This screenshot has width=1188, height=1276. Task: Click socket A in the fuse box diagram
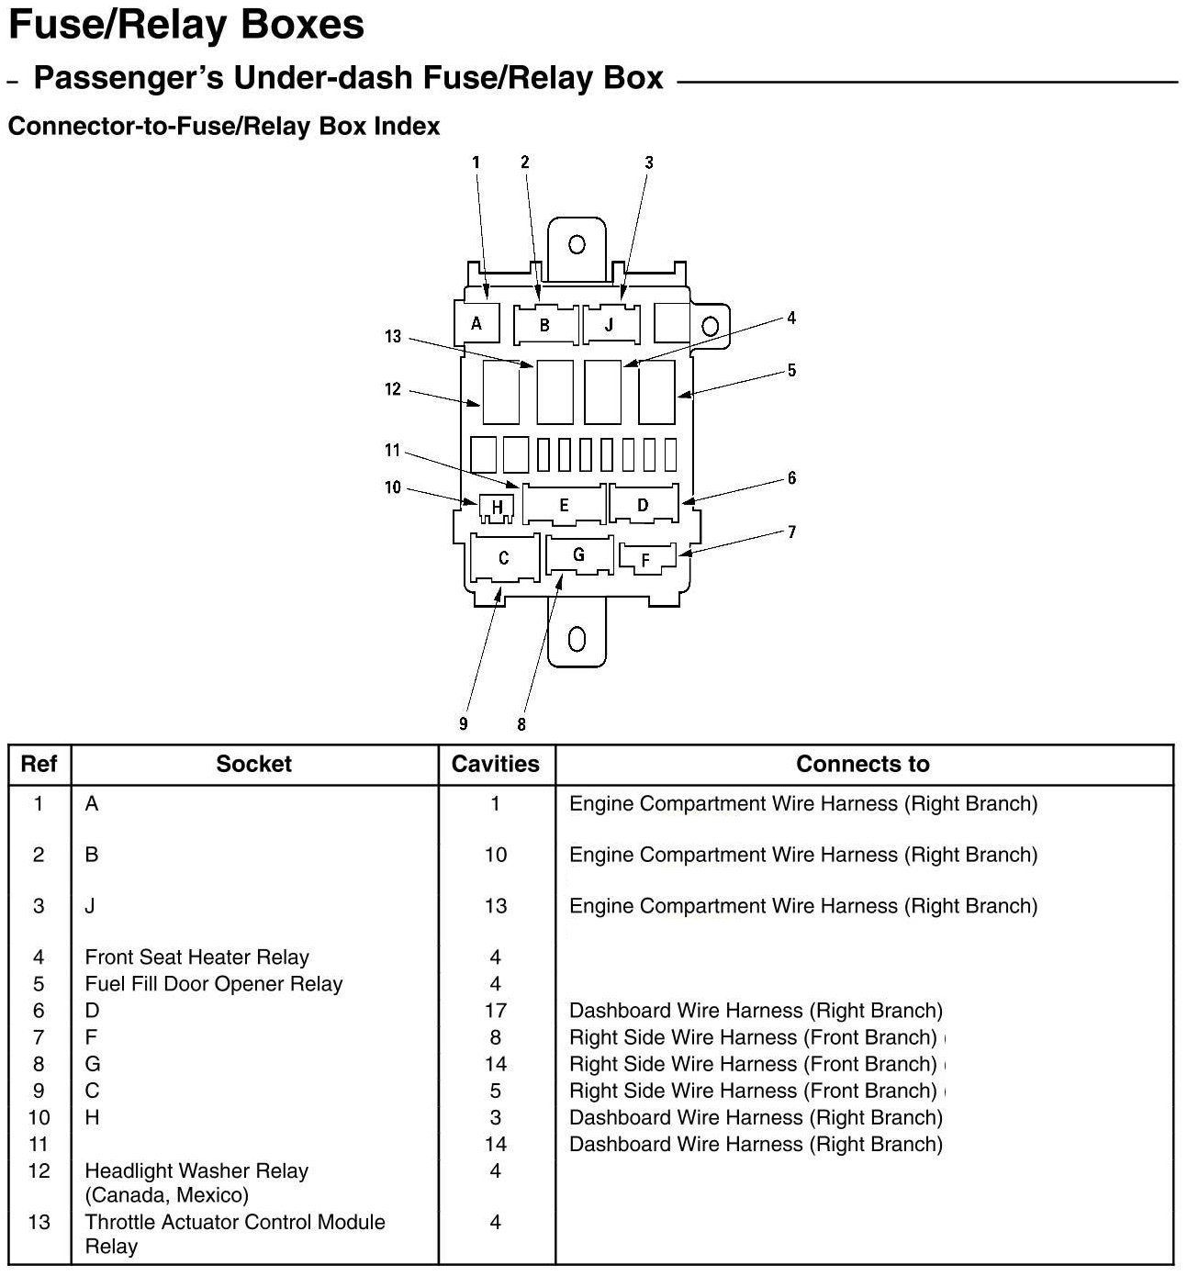[x=476, y=323]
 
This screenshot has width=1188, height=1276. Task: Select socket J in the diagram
[x=609, y=325]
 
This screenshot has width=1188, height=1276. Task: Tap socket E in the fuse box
[x=564, y=505]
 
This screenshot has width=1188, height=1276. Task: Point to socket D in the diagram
[x=643, y=504]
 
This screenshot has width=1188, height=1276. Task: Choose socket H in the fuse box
[x=497, y=507]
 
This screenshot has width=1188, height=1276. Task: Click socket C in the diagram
[x=503, y=557]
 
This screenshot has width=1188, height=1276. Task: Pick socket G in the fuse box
[x=578, y=554]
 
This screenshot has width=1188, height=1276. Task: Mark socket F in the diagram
[x=646, y=559]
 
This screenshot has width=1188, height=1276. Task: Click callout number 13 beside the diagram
[x=393, y=337]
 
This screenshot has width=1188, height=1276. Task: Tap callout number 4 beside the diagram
[x=791, y=318]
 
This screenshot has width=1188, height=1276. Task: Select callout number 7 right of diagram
[x=791, y=532]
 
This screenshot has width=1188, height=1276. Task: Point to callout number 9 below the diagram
[x=464, y=724]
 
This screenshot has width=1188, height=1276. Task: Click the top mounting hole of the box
[x=577, y=244]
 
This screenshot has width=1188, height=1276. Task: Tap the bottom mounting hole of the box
[x=577, y=638]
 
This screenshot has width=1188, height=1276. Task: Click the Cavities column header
[x=496, y=764]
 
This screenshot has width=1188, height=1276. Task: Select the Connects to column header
[x=862, y=764]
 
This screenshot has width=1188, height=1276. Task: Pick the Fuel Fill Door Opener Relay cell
[x=213, y=984]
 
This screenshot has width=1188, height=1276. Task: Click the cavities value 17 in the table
[x=496, y=1011]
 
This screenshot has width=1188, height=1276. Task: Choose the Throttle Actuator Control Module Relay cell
[x=234, y=1234]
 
